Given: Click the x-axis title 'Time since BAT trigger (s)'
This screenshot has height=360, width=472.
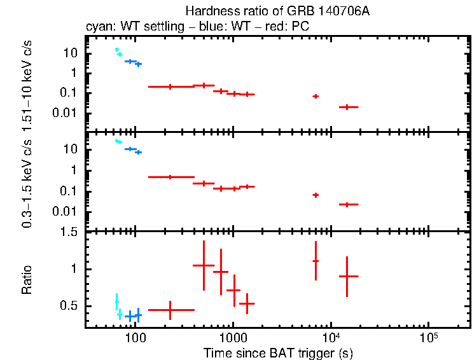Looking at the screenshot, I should coord(278,352).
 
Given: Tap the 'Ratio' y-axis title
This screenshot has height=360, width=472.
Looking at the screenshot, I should coord(27,280).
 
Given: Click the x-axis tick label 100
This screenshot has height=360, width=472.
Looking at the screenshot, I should coord(134,337).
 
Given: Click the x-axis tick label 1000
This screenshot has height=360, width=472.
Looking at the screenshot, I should coord(233,337).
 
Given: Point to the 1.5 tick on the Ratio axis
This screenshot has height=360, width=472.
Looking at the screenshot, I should coord(72,233).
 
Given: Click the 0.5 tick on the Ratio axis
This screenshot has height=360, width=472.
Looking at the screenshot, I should coord(72,306).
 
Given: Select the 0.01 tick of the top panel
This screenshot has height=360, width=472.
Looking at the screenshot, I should coord(67,113).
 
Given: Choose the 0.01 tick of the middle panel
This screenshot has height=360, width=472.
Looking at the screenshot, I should coord(67,212).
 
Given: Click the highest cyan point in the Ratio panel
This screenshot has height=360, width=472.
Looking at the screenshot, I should coord(116,301).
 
